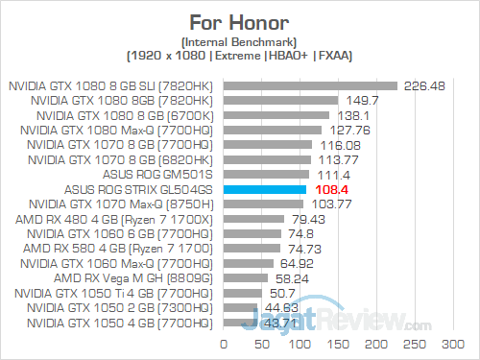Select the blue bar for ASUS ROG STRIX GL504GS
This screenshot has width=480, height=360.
(265, 190)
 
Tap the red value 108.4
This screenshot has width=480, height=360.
(330, 190)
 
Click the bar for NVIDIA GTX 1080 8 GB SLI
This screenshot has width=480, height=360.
(310, 85)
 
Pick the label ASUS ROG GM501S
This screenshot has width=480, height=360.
(165, 175)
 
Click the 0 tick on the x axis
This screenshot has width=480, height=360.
(224, 343)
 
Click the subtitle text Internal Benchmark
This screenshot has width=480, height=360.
(239, 41)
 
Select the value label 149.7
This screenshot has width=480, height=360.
(361, 100)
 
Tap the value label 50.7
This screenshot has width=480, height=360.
(282, 294)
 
